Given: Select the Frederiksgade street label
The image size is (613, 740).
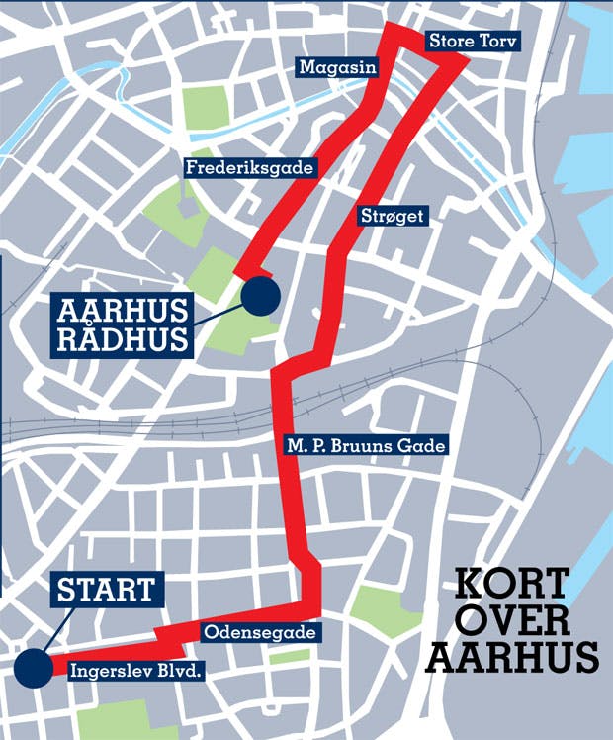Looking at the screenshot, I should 250,168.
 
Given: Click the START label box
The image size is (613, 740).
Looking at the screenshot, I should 106,591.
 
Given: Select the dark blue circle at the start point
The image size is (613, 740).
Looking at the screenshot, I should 34,668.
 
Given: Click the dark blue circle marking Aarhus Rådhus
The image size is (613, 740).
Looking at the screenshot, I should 260,295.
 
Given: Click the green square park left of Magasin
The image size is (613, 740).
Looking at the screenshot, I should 207,107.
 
